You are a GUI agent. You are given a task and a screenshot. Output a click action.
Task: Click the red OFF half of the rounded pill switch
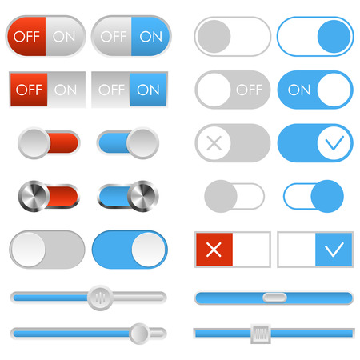click(x=27, y=36)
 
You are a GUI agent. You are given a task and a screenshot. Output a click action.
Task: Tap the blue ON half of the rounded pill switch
click(x=149, y=36)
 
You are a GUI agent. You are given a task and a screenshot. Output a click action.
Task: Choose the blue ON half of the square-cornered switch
click(x=148, y=90)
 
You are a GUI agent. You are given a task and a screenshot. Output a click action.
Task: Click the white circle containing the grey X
click(x=214, y=143)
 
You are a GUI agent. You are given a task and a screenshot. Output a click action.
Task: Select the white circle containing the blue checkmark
click(x=334, y=143)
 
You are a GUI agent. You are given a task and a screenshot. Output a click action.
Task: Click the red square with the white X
click(x=214, y=250)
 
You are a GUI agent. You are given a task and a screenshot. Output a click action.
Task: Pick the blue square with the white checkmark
click(x=334, y=250)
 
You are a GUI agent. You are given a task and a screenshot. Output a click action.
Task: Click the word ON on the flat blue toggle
click(x=299, y=90)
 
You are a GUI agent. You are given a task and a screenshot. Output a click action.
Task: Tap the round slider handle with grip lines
click(x=101, y=297)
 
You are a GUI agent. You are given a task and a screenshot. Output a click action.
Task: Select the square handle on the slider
click(x=259, y=332)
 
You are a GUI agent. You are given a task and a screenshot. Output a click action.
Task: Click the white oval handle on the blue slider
click(x=274, y=298)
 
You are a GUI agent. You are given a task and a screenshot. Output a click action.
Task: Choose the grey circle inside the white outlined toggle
click(x=214, y=36)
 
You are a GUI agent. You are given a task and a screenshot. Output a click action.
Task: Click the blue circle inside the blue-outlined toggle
click(x=334, y=36)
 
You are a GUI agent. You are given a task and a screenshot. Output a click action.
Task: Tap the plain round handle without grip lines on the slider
click(x=139, y=332)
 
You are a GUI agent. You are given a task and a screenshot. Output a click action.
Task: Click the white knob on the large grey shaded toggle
click(x=28, y=250)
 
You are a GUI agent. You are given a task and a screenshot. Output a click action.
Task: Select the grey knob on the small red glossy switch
click(x=34, y=144)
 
